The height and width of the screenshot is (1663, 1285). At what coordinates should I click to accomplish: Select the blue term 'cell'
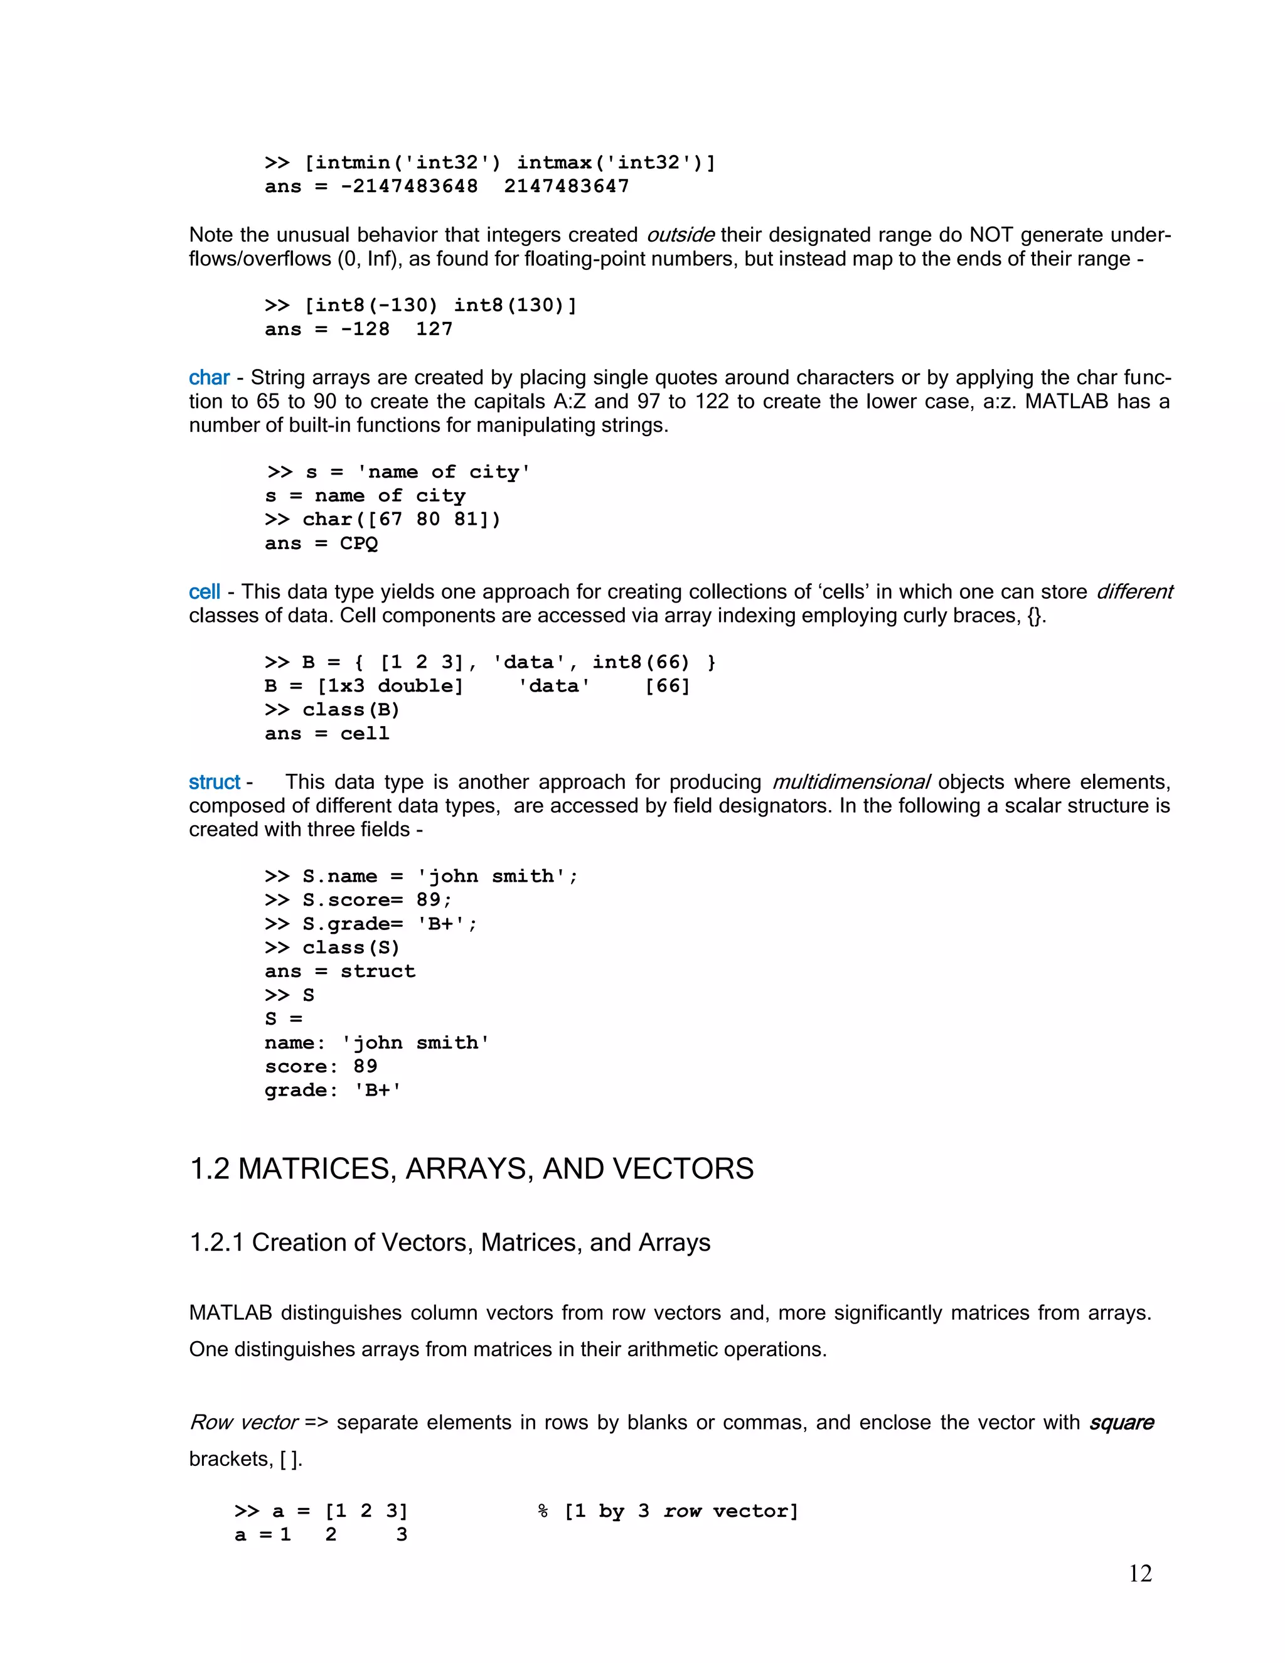204,592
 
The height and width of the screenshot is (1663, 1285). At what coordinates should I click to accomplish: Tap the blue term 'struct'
214,782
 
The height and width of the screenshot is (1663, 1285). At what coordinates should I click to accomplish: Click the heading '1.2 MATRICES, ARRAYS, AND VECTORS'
471,1169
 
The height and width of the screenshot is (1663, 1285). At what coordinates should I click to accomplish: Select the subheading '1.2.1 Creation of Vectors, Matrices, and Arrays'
449,1243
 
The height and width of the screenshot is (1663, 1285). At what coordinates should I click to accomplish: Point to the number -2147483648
409,186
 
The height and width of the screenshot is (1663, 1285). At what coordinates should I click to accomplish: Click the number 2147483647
567,186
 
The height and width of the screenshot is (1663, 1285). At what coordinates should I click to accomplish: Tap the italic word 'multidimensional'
851,782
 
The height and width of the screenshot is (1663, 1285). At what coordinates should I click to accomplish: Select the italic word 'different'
1134,592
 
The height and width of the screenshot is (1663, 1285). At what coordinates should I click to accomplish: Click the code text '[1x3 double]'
390,686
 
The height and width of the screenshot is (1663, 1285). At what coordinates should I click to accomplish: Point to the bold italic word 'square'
1121,1423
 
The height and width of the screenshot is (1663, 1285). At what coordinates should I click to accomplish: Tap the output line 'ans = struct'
339,971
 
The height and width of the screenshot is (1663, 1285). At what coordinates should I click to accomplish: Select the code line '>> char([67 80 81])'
382,520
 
